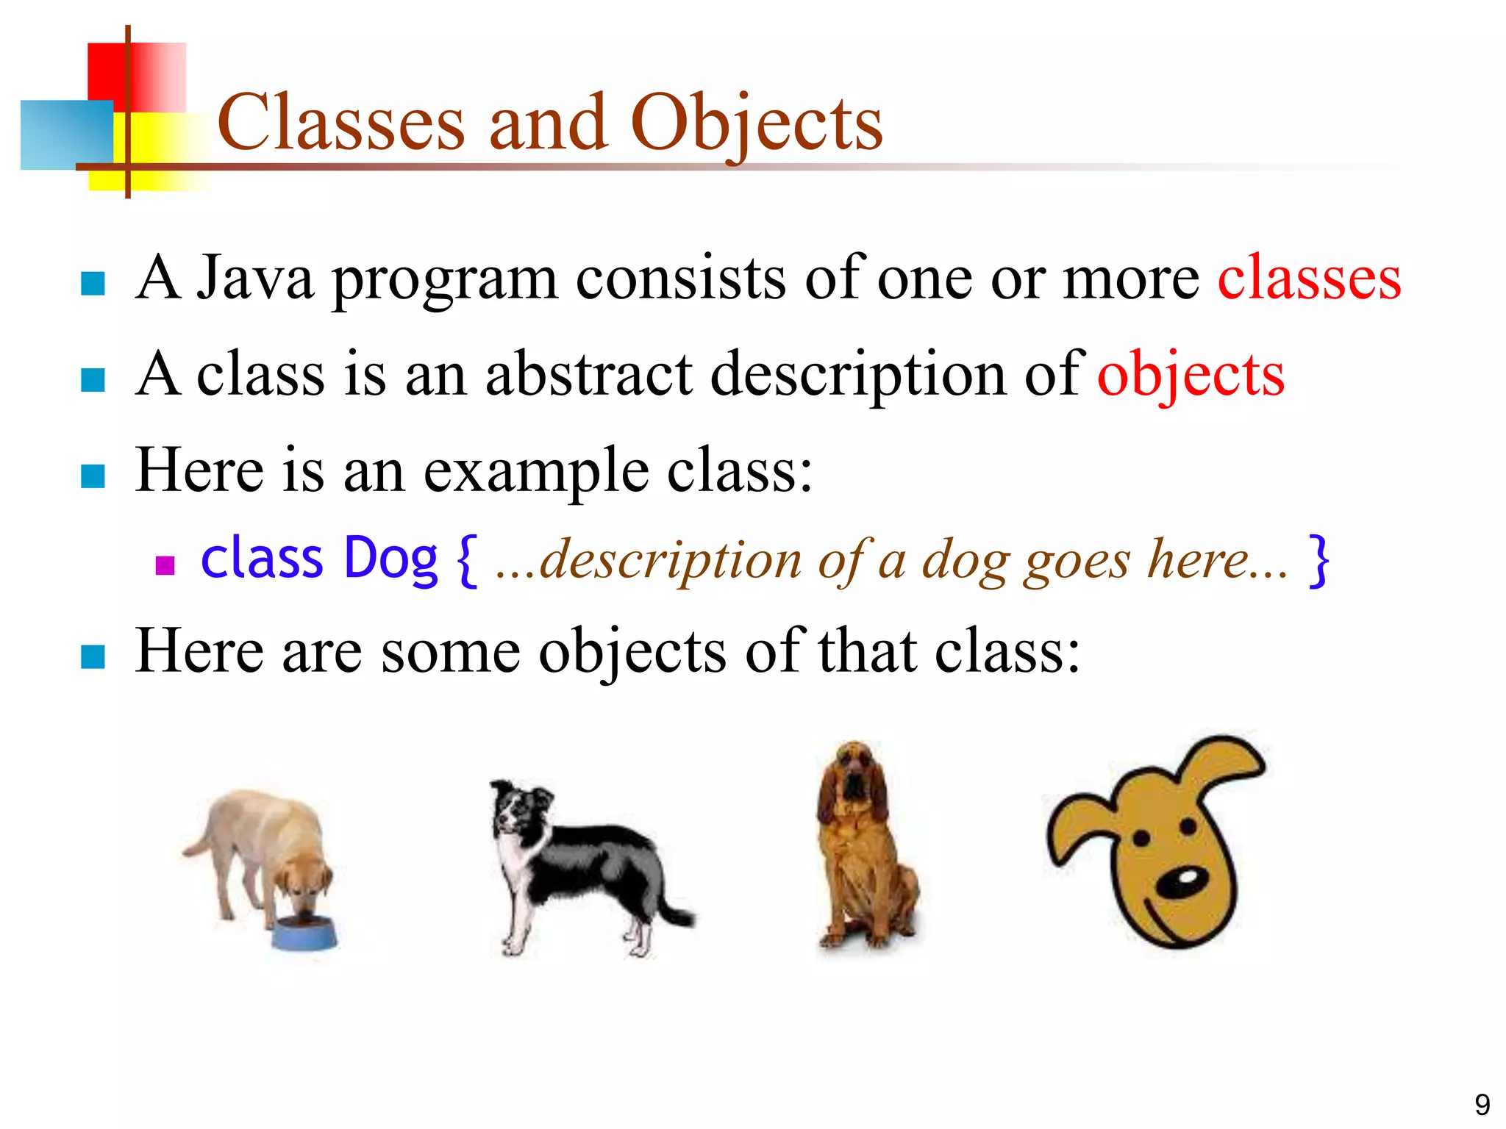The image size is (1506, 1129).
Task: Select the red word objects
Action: [1191, 375]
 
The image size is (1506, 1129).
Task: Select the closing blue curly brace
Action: [1318, 560]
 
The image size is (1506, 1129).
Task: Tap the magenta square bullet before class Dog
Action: [165, 564]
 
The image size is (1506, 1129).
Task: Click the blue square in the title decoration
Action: [66, 135]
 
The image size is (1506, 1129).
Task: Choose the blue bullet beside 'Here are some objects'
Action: [93, 656]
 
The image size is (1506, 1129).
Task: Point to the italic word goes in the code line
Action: [1078, 560]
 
